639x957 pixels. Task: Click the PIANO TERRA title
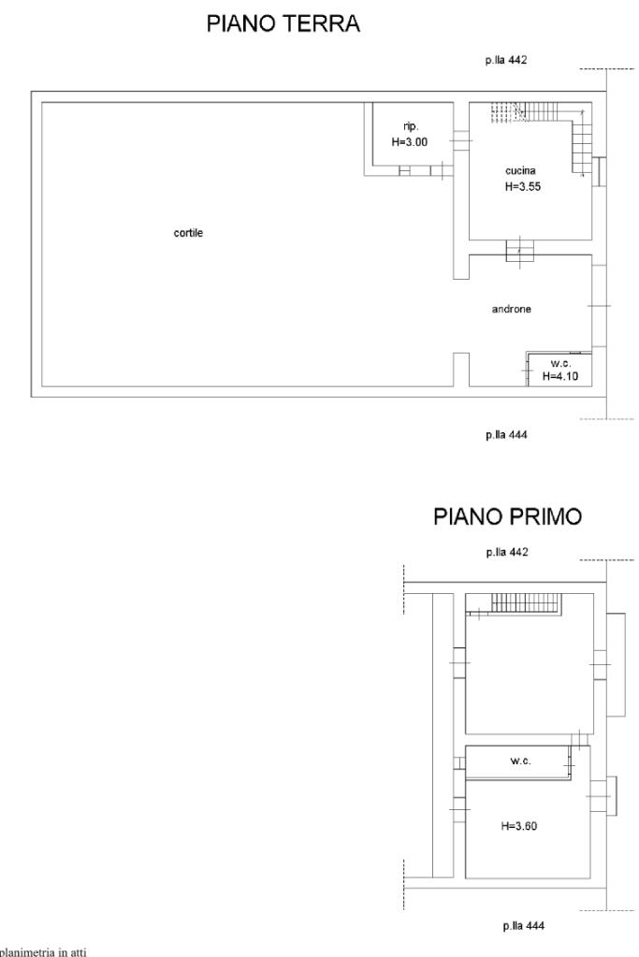(283, 23)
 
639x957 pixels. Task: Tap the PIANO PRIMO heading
(507, 516)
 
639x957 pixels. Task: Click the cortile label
(188, 233)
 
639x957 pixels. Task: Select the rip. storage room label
(411, 126)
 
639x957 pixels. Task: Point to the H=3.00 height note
(410, 142)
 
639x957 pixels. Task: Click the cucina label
(520, 170)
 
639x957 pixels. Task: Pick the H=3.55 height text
(522, 187)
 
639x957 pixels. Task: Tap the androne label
(512, 309)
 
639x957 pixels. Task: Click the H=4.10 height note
(559, 376)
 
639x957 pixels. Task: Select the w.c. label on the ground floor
(559, 363)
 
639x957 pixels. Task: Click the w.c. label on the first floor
(520, 761)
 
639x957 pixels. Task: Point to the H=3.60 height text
(518, 826)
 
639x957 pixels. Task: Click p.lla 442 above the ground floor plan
(506, 60)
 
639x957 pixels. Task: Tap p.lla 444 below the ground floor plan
(506, 435)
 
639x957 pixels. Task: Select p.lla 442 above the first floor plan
(507, 552)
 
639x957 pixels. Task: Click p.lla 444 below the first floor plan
(524, 925)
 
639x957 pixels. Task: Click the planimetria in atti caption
(43, 950)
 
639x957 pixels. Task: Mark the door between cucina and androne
(519, 250)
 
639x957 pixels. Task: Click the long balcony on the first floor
(616, 664)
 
